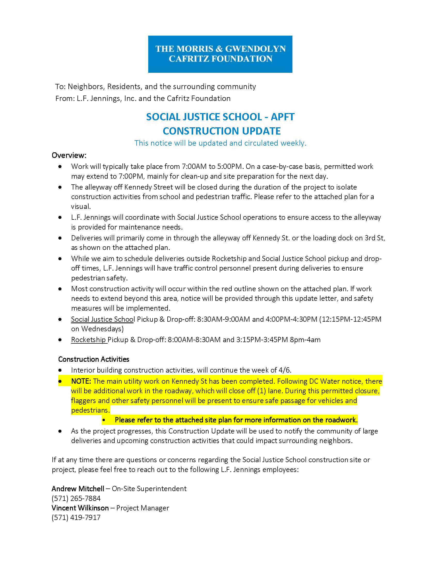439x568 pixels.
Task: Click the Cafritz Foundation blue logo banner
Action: pyautogui.click(x=220, y=54)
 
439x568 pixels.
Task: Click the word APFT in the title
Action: pyautogui.click(x=283, y=117)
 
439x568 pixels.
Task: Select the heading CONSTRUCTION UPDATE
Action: pyautogui.click(x=222, y=131)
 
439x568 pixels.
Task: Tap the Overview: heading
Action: pyautogui.click(x=69, y=155)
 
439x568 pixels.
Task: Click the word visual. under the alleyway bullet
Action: pyautogui.click(x=81, y=207)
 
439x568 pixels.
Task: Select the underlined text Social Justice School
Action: pyautogui.click(x=103, y=319)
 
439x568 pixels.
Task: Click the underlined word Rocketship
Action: pyautogui.click(x=88, y=340)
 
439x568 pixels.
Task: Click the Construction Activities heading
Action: pyautogui.click(x=94, y=359)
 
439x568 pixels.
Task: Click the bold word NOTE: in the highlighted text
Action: pyautogui.click(x=81, y=382)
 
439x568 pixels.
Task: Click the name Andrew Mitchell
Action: pyautogui.click(x=78, y=489)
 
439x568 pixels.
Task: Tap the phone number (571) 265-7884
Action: pyautogui.click(x=76, y=499)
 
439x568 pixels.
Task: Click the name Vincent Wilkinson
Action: pyautogui.click(x=80, y=508)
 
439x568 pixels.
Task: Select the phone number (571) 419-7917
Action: pyautogui.click(x=76, y=518)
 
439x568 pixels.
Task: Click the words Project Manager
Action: pyautogui.click(x=143, y=508)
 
